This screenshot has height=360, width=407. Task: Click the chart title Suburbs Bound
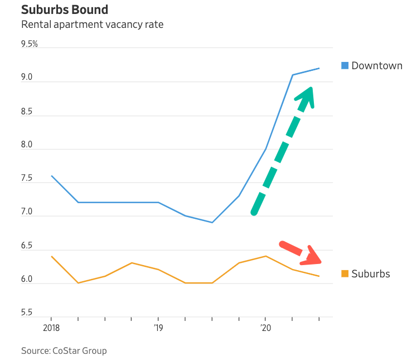pyautogui.click(x=65, y=10)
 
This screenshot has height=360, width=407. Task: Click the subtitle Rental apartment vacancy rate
pyautogui.click(x=92, y=25)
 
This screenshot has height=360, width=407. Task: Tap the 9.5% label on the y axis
pyautogui.click(x=29, y=44)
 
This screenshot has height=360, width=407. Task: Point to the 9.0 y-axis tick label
pyautogui.click(x=27, y=78)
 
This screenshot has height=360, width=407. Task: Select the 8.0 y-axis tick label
pyautogui.click(x=27, y=145)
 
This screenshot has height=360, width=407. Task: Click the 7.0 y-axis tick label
pyautogui.click(x=27, y=212)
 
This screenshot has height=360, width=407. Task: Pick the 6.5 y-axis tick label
pyautogui.click(x=27, y=246)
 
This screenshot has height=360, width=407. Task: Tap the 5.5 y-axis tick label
pyautogui.click(x=27, y=313)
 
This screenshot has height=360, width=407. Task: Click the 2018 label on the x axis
pyautogui.click(x=51, y=327)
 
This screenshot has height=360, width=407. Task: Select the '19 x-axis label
pyautogui.click(x=158, y=327)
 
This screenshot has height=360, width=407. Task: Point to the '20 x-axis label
pyautogui.click(x=265, y=327)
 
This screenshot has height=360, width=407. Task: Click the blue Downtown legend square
pyautogui.click(x=345, y=66)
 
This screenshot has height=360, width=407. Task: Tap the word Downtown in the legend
pyautogui.click(x=377, y=66)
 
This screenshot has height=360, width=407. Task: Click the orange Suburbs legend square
pyautogui.click(x=345, y=273)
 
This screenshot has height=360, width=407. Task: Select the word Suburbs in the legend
pyautogui.click(x=371, y=273)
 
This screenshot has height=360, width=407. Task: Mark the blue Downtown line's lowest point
pyautogui.click(x=212, y=222)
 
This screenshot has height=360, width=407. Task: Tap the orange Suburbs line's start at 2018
pyautogui.click(x=51, y=256)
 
